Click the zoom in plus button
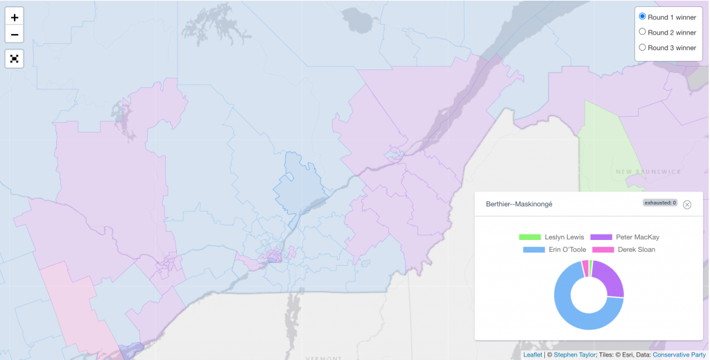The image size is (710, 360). pos(15,17)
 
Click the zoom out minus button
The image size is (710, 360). pos(15,34)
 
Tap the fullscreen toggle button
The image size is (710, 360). pos(15,58)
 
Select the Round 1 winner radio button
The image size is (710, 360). pos(642,17)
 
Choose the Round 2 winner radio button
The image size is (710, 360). pos(642,32)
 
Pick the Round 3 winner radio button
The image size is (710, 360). pos(642,48)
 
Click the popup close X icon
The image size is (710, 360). pos(687,205)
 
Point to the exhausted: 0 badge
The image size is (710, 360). pos(659,203)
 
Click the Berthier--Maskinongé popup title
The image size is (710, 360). pos(514,205)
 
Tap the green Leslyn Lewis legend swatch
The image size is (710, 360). pos(530,237)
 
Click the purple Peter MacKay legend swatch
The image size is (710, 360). pos(601,237)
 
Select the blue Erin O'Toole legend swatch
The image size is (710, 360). pos(533,250)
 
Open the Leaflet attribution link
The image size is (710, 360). pos(532,354)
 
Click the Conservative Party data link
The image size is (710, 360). pos(679,354)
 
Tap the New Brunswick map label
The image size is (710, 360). pos(649,171)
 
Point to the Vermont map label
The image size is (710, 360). pos(324,358)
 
